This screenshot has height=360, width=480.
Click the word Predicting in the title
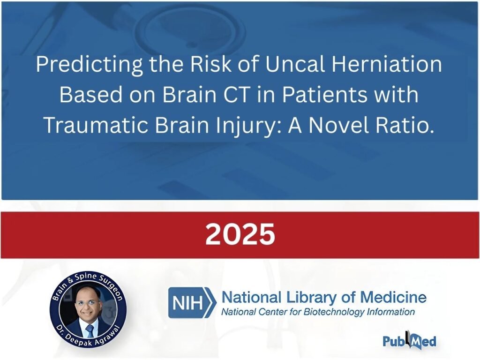(89, 65)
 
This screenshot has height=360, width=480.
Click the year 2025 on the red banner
(240, 234)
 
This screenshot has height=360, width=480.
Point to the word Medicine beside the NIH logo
(393, 297)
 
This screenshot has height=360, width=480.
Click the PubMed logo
(409, 340)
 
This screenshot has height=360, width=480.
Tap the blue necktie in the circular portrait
(90, 331)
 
